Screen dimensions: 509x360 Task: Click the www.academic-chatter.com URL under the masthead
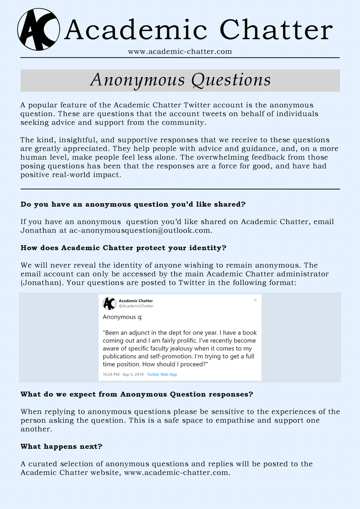(180, 52)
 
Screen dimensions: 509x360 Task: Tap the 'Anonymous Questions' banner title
(180, 80)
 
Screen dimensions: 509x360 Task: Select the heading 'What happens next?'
(61, 446)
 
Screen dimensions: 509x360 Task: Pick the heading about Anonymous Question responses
(137, 394)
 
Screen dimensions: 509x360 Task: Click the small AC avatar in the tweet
(109, 303)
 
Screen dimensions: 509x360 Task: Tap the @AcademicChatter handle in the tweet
(136, 306)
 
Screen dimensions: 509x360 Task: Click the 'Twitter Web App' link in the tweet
(162, 375)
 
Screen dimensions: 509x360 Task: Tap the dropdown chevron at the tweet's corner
(255, 300)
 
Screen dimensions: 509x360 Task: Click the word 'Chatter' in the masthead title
(276, 31)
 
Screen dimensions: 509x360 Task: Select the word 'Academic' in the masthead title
(137, 31)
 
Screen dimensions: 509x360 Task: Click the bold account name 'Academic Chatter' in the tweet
(136, 301)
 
